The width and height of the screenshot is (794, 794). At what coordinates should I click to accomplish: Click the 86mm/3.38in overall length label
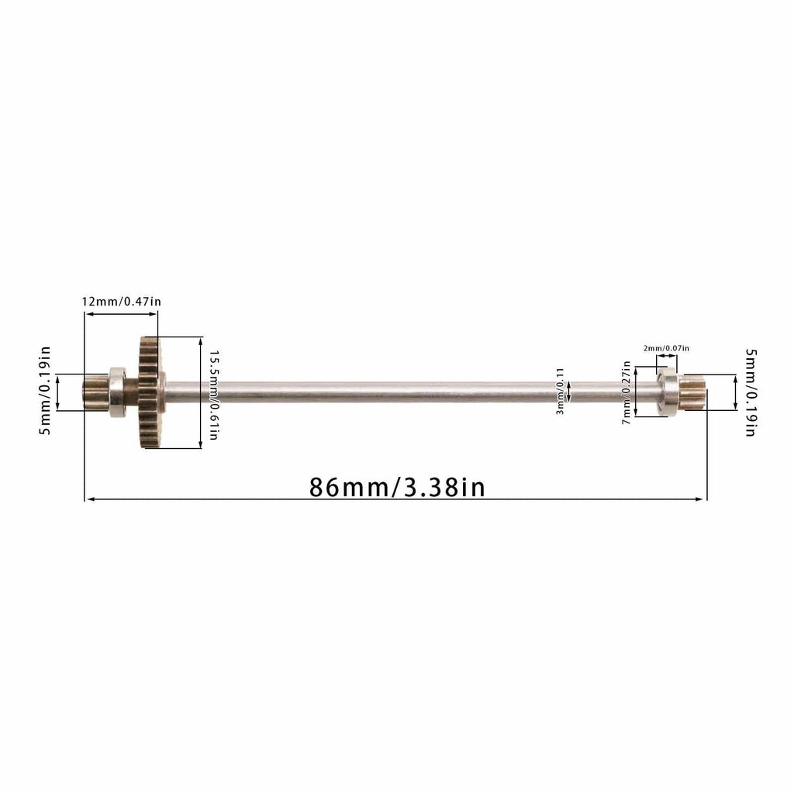coord(397,487)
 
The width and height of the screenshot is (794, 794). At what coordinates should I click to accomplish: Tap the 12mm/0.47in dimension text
coord(122,302)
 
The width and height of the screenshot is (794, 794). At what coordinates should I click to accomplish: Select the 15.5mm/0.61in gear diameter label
coord(214,395)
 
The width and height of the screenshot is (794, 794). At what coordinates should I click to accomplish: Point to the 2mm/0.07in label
coord(666,348)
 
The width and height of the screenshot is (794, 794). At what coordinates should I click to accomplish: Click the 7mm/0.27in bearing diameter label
coord(627,393)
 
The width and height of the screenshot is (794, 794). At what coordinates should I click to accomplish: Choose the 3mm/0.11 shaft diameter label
coord(560,392)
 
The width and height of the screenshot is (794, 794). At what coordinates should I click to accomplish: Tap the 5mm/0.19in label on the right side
coord(751,392)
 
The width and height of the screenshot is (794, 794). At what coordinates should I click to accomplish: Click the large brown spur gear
coord(150,392)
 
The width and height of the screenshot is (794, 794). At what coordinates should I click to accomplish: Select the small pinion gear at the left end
coord(96,392)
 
